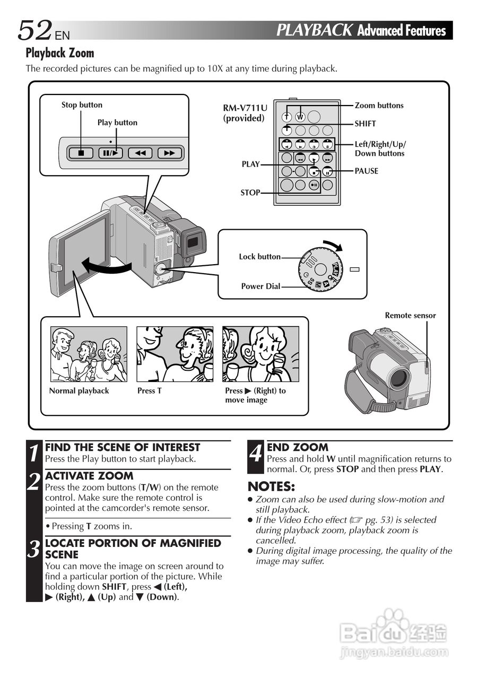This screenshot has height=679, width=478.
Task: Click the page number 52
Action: (x=34, y=30)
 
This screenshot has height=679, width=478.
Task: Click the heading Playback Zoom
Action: (x=60, y=53)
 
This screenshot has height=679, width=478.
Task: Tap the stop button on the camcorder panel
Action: (x=81, y=153)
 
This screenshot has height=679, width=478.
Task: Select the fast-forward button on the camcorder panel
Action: (x=169, y=153)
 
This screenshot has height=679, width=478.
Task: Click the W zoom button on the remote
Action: (x=300, y=117)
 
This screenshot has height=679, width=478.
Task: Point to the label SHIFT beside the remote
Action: (x=365, y=124)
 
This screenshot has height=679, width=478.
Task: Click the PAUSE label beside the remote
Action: (x=367, y=171)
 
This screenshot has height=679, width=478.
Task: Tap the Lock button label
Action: (x=259, y=257)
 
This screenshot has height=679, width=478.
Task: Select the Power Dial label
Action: (x=260, y=286)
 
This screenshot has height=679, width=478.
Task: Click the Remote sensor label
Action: (x=410, y=316)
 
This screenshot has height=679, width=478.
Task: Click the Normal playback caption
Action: (x=79, y=391)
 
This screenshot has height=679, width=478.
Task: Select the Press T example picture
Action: (x=175, y=354)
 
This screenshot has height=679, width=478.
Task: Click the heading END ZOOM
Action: (x=297, y=447)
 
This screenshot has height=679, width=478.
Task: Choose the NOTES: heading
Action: (x=271, y=486)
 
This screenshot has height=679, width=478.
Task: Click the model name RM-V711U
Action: (x=245, y=108)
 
